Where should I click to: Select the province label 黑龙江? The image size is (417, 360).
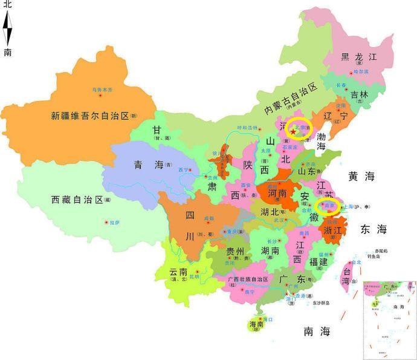tap(358, 57)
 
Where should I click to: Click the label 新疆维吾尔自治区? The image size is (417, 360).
tap(90, 115)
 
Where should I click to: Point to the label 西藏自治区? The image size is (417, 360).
tap(77, 199)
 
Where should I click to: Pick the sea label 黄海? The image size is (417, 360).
tap(361, 176)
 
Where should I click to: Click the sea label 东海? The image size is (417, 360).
tap(373, 229)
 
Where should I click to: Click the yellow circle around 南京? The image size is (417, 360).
tap(330, 206)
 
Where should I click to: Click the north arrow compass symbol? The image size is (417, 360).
tap(7, 27)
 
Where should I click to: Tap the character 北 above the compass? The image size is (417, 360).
tap(7, 5)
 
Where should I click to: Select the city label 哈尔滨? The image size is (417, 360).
tap(360, 71)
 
